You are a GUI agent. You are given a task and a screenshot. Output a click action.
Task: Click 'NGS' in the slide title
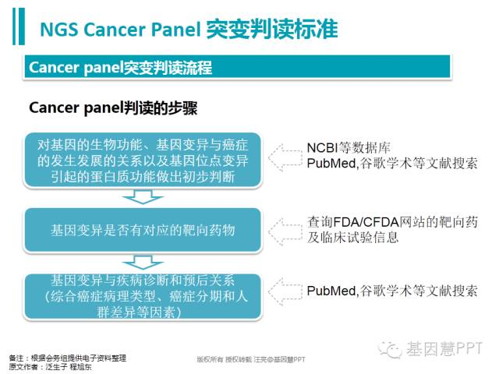pos(59,30)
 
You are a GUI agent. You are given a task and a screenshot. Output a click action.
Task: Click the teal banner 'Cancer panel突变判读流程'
pos(237,67)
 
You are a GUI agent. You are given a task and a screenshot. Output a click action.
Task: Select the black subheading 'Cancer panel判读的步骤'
pos(113,108)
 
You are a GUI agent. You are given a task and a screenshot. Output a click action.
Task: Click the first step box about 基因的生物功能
pos(143,161)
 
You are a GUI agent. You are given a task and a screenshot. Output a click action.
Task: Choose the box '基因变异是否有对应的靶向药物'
pos(143,231)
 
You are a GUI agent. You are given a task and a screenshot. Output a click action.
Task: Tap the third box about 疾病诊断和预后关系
pos(143,296)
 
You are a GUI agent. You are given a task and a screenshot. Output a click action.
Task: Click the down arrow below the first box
pos(143,197)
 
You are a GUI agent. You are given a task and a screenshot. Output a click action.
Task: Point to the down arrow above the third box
pos(143,263)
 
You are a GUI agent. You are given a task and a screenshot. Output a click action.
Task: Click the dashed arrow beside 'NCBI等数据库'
pos(285,157)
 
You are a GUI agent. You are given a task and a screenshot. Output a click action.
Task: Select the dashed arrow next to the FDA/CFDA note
pos(285,232)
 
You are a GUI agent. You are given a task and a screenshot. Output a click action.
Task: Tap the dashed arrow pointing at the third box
pos(285,291)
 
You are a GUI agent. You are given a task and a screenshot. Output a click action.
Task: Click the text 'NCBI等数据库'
pos(349,148)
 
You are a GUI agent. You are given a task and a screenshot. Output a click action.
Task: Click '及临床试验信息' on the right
pos(352,237)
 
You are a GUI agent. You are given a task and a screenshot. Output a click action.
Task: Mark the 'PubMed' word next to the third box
pos(331,291)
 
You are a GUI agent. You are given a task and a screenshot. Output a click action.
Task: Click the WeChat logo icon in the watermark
pos(390,349)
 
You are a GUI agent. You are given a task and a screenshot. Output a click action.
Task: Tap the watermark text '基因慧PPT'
pos(444,348)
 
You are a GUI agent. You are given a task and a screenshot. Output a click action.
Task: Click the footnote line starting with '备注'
pos(68,358)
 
